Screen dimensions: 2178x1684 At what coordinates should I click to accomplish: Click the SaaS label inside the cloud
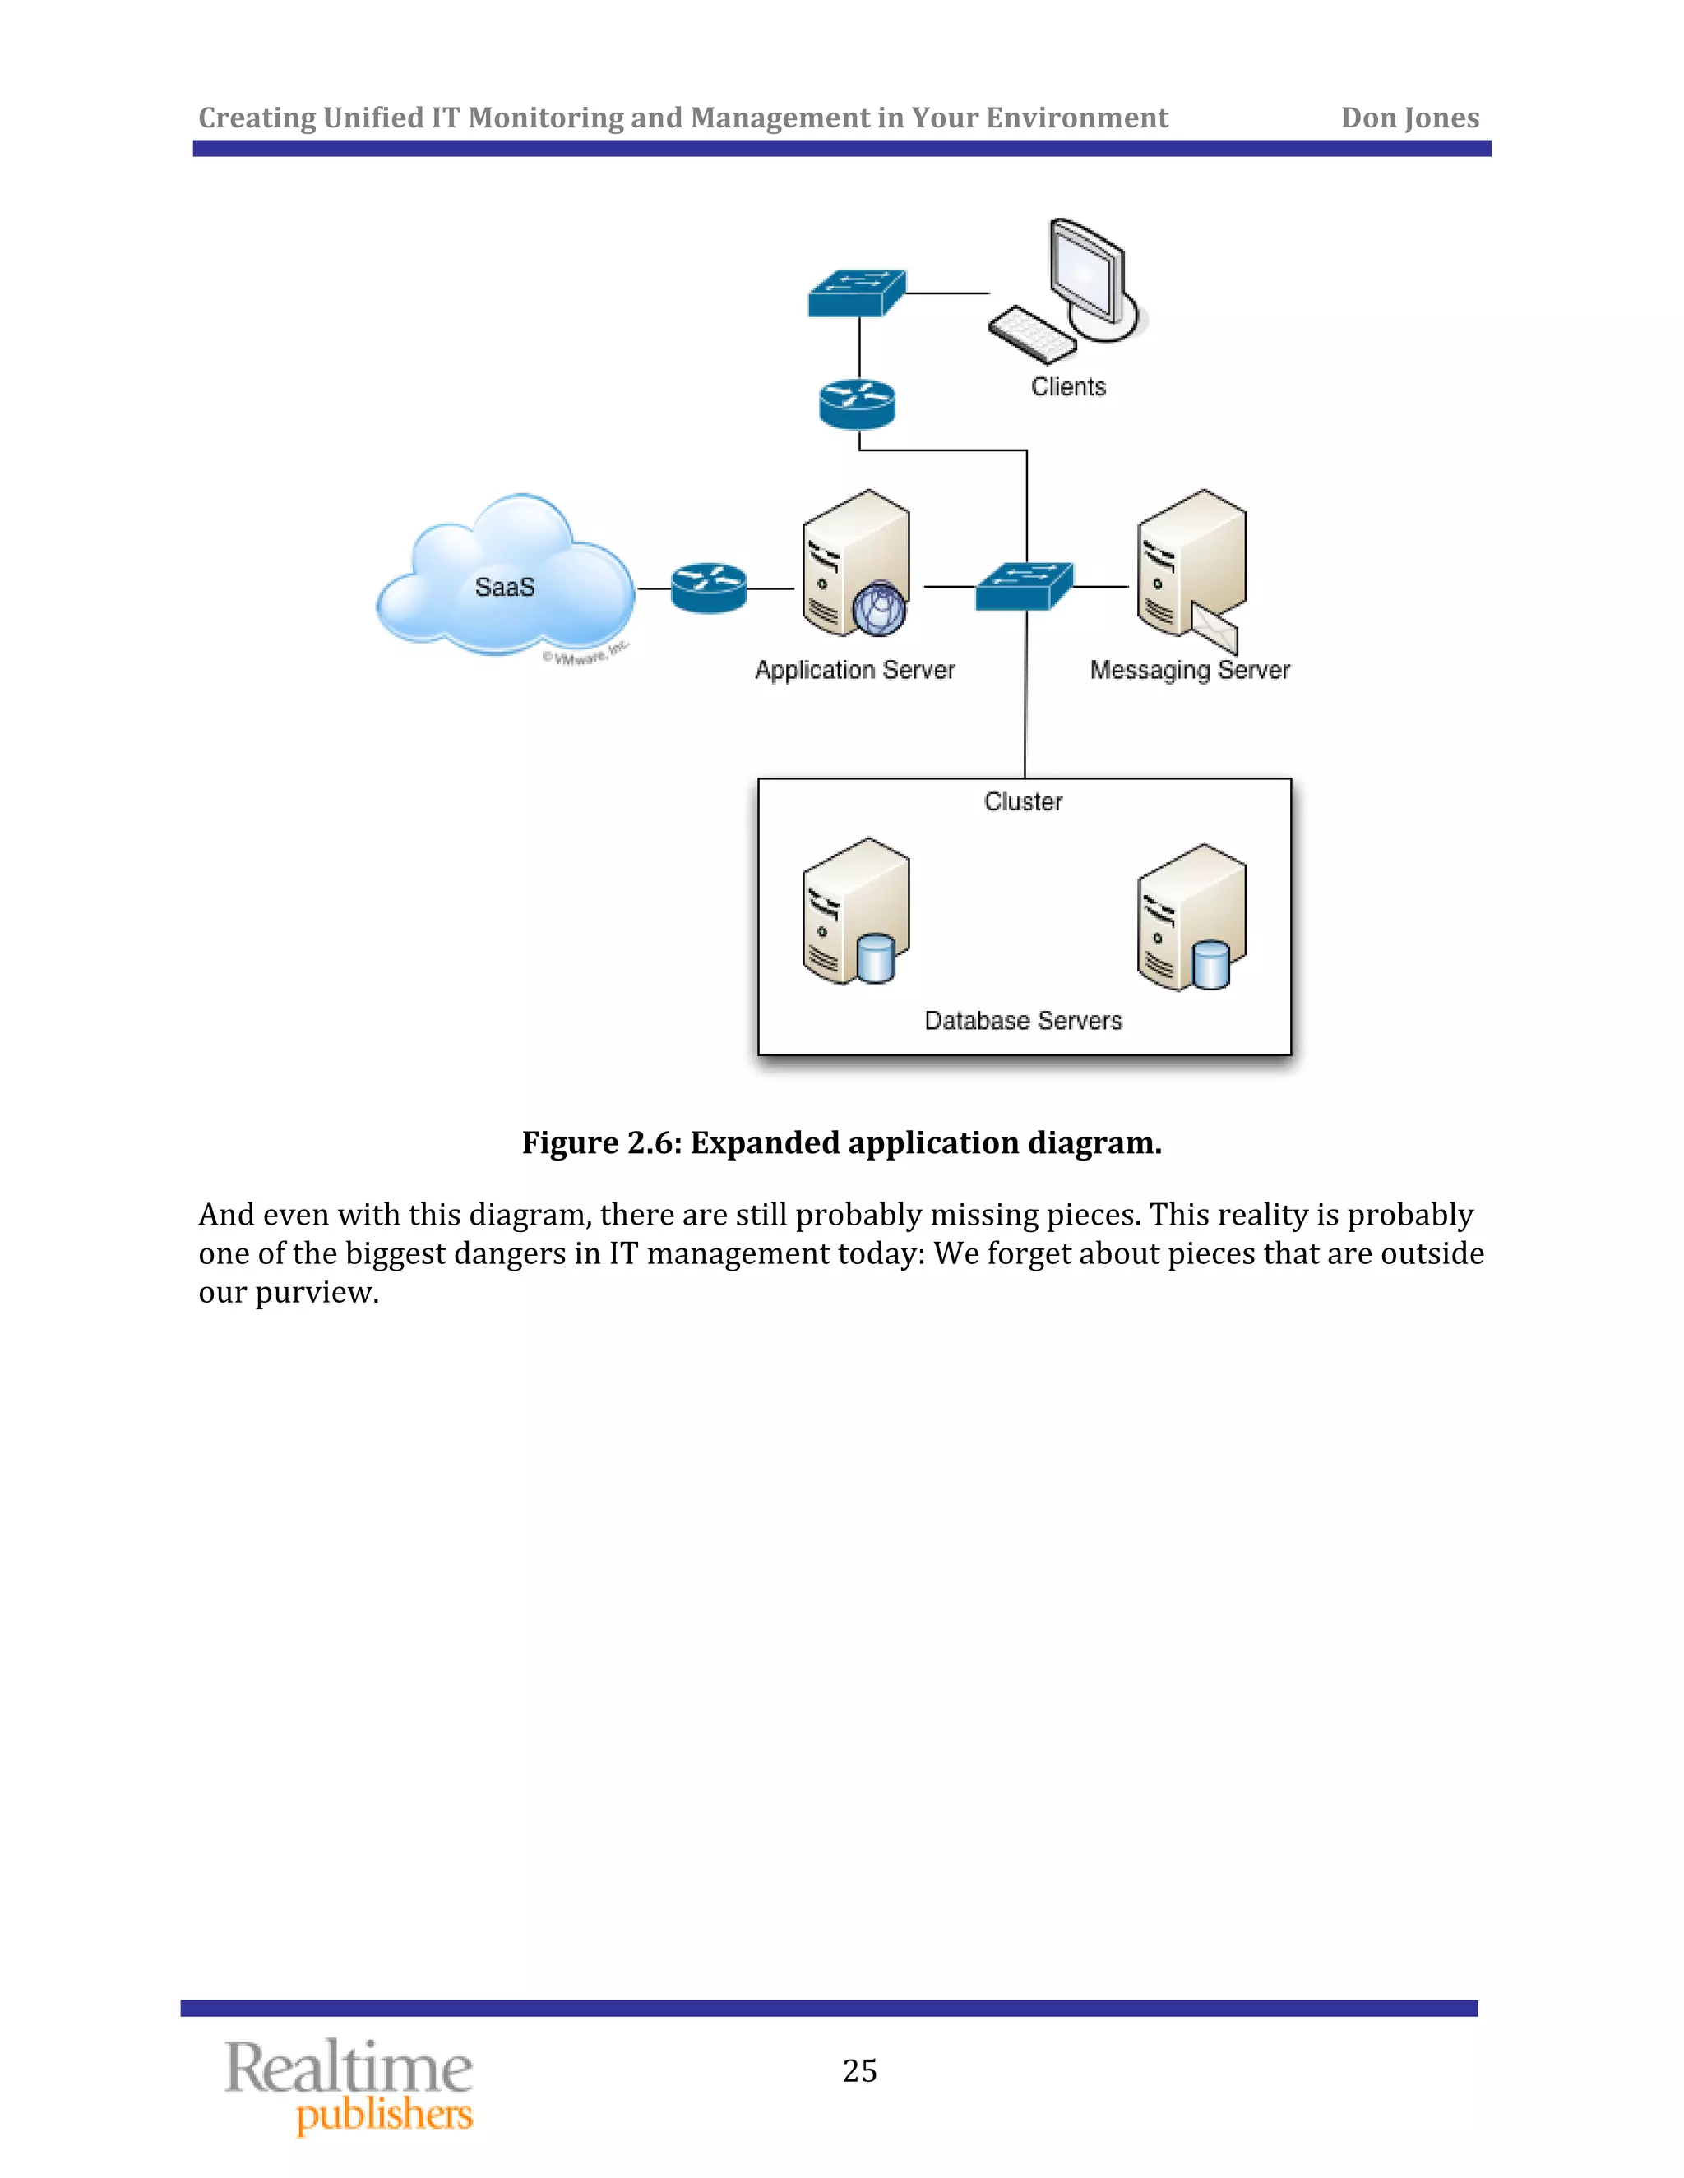coord(505,588)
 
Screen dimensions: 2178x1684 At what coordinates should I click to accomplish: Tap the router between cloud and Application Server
coord(708,588)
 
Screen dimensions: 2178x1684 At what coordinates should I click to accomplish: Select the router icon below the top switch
coord(857,404)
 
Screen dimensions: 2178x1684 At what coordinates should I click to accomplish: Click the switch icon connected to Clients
coord(856,293)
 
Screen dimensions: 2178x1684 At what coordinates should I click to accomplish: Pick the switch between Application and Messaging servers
coord(1025,586)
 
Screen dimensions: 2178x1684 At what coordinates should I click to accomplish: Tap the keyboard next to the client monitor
coord(1033,334)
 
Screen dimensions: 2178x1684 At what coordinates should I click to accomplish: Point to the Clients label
coord(1068,387)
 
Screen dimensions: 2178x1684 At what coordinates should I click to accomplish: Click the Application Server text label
coord(855,670)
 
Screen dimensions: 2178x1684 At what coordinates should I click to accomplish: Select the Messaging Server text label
coord(1189,670)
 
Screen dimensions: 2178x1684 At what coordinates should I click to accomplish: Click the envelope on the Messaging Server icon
coord(1215,628)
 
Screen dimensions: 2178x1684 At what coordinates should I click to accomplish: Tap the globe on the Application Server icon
coord(880,608)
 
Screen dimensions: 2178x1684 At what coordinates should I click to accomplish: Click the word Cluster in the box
coord(1023,802)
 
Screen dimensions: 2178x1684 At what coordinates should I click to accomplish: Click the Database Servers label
coord(1023,1021)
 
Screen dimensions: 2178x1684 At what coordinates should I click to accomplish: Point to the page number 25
coord(860,2071)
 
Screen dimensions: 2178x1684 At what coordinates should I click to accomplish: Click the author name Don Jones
coord(1409,118)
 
